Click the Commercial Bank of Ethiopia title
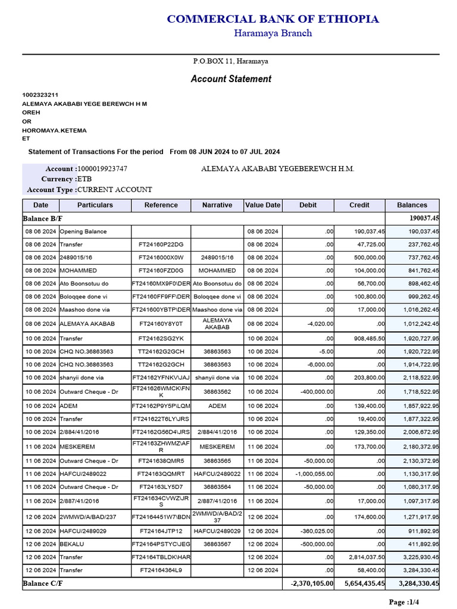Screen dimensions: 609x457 point(273,19)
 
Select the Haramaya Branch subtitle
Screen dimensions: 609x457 point(273,33)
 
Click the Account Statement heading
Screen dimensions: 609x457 point(231,79)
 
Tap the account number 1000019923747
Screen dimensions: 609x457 point(102,169)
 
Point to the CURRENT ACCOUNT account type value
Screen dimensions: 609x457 point(115,190)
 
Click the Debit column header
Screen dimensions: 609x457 point(308,205)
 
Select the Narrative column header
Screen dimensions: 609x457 point(217,205)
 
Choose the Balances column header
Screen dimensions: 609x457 point(412,205)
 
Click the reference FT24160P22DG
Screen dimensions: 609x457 point(161,244)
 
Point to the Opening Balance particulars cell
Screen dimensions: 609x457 point(80,231)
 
